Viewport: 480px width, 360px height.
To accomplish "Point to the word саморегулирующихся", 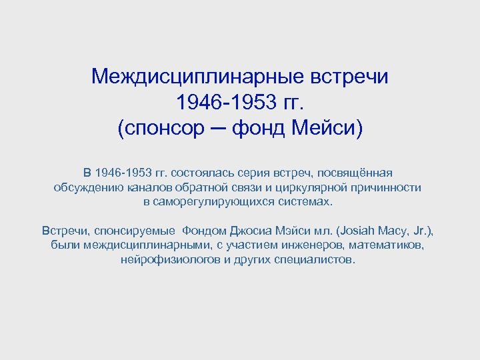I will click(216, 202).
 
